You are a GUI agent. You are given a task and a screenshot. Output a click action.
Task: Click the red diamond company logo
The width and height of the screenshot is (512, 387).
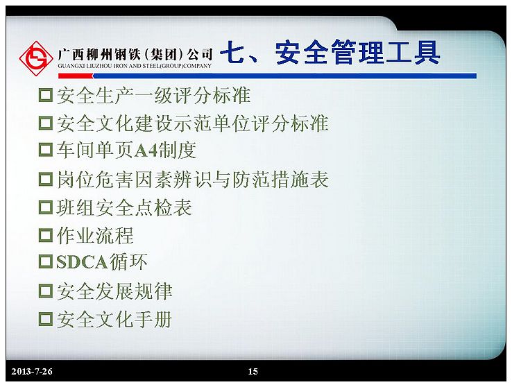click(36, 58)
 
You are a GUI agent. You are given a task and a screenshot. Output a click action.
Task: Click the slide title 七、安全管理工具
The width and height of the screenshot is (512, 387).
click(330, 52)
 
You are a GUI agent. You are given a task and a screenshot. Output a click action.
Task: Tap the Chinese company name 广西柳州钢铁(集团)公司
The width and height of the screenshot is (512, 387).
click(135, 55)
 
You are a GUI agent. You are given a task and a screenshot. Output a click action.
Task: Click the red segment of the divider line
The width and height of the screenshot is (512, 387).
click(76, 76)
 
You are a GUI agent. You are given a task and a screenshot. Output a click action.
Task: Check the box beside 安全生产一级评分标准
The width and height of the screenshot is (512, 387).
click(45, 95)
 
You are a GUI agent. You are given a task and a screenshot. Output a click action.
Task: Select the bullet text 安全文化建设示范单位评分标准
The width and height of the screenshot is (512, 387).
click(193, 123)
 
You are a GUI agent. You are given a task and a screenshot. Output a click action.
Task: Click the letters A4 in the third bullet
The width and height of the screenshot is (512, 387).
click(146, 150)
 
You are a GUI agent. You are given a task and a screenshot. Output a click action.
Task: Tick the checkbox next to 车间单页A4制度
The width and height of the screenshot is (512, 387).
click(45, 149)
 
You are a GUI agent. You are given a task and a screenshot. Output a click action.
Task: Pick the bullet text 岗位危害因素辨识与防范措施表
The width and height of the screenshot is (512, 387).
click(193, 180)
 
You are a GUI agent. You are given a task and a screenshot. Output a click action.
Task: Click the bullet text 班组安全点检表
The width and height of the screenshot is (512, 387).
click(124, 207)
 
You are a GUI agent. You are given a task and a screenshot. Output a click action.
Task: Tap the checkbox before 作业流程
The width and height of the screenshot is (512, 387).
click(45, 235)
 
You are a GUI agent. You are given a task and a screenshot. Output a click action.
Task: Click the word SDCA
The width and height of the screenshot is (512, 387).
click(82, 262)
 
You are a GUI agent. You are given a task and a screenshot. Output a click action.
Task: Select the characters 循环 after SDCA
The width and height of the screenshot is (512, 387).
click(128, 261)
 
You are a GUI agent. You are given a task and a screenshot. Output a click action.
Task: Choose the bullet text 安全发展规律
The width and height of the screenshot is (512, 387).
click(114, 291)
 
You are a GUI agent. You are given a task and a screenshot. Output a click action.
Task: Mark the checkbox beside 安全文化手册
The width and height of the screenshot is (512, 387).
click(45, 319)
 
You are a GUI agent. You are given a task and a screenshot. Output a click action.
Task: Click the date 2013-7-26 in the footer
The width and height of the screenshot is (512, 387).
click(32, 371)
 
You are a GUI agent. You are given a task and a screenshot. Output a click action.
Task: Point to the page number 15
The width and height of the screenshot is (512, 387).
click(253, 371)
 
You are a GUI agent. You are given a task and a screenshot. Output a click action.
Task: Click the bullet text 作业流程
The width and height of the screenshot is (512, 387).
click(95, 236)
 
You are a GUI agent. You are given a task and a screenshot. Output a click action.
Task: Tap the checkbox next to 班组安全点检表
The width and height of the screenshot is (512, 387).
click(45, 207)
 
